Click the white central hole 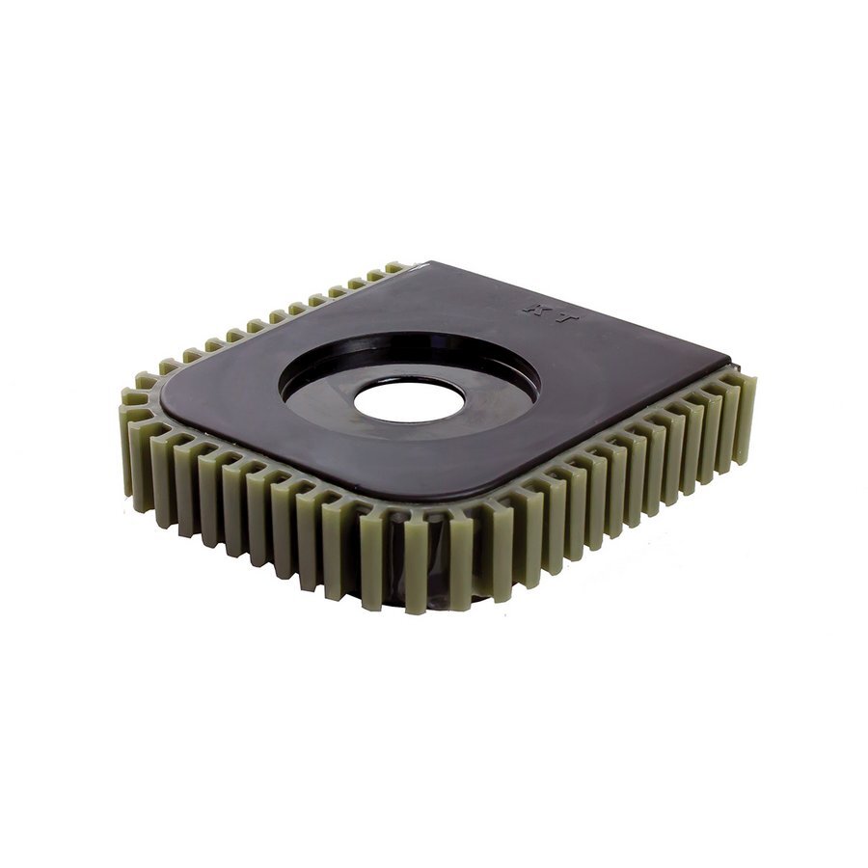tap(409, 401)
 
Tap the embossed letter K tap(530, 309)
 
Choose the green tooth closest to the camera tap(417, 569)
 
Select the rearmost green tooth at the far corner tap(394, 266)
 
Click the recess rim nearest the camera tap(405, 447)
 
